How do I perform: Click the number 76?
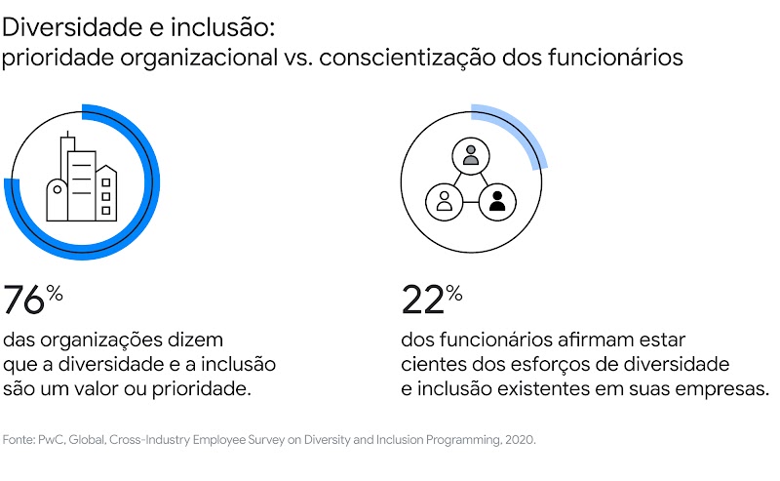24,301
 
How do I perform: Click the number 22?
423,301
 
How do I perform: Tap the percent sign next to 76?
56,293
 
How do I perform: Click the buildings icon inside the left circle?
82,180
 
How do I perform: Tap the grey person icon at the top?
471,154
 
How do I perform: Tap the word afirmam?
573,341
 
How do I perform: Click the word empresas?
723,388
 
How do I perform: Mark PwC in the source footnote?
55,440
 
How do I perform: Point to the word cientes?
429,365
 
